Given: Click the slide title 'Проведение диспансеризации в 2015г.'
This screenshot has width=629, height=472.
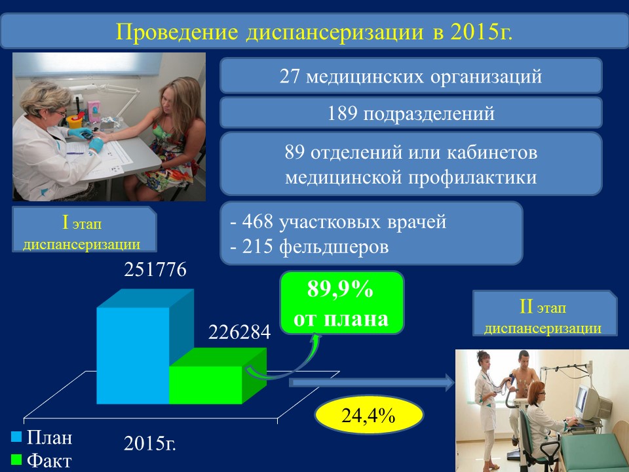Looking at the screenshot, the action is point(314,31).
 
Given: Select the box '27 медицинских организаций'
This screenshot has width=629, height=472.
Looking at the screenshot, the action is point(411,76).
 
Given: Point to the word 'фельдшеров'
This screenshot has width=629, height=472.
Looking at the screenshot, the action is point(334,246).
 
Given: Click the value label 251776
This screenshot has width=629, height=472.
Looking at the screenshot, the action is point(155,269).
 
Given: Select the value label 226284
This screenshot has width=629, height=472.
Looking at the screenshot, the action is point(240,332).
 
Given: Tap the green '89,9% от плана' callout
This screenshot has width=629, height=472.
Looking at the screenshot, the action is point(341,303).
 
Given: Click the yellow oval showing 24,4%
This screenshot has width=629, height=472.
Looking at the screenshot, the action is point(369,415).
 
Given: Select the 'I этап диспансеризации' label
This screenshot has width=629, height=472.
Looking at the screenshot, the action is point(85,229).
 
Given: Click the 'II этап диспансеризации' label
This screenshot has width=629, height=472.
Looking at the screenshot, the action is point(544,313).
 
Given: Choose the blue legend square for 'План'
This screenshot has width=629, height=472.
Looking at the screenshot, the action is point(16,437).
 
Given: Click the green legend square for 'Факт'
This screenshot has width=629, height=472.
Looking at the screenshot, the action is point(16,459).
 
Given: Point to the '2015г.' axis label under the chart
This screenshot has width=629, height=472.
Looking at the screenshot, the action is point(149,444).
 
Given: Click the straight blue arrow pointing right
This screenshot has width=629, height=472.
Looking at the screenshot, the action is point(372,382).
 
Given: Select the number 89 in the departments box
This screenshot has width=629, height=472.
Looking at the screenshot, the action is point(295,152).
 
